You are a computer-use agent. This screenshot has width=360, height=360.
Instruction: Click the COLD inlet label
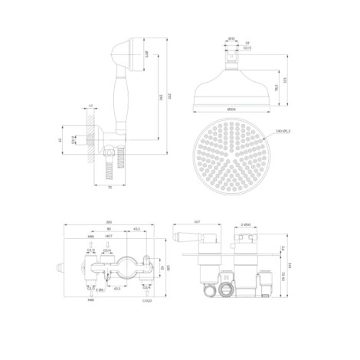click(x=147, y=301)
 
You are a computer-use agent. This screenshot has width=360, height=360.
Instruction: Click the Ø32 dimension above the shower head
click(x=231, y=39)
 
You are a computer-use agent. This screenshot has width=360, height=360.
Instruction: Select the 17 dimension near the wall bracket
click(x=91, y=106)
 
